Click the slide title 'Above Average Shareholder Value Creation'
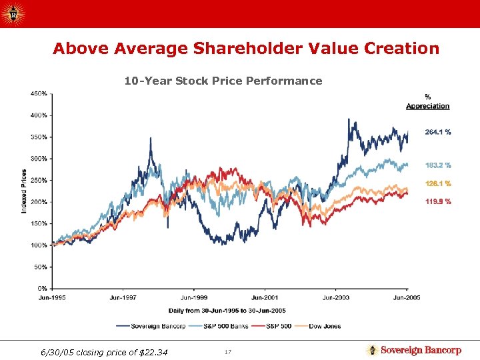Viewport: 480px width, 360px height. coord(246,49)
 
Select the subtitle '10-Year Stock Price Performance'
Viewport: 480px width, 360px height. coord(223,81)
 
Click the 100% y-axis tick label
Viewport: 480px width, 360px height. coord(39,245)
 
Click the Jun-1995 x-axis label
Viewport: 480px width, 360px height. coord(53,297)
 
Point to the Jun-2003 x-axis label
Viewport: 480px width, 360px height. coord(336,297)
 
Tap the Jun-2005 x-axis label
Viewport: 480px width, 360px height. coord(407,297)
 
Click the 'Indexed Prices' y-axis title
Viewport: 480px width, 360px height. coord(24,191)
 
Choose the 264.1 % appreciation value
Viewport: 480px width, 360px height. coord(438,132)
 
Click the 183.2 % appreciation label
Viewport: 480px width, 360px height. coord(438,165)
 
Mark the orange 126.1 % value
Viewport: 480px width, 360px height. coord(438,183)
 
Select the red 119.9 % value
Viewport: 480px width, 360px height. coord(438,201)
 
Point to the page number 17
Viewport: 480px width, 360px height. coord(227,351)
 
